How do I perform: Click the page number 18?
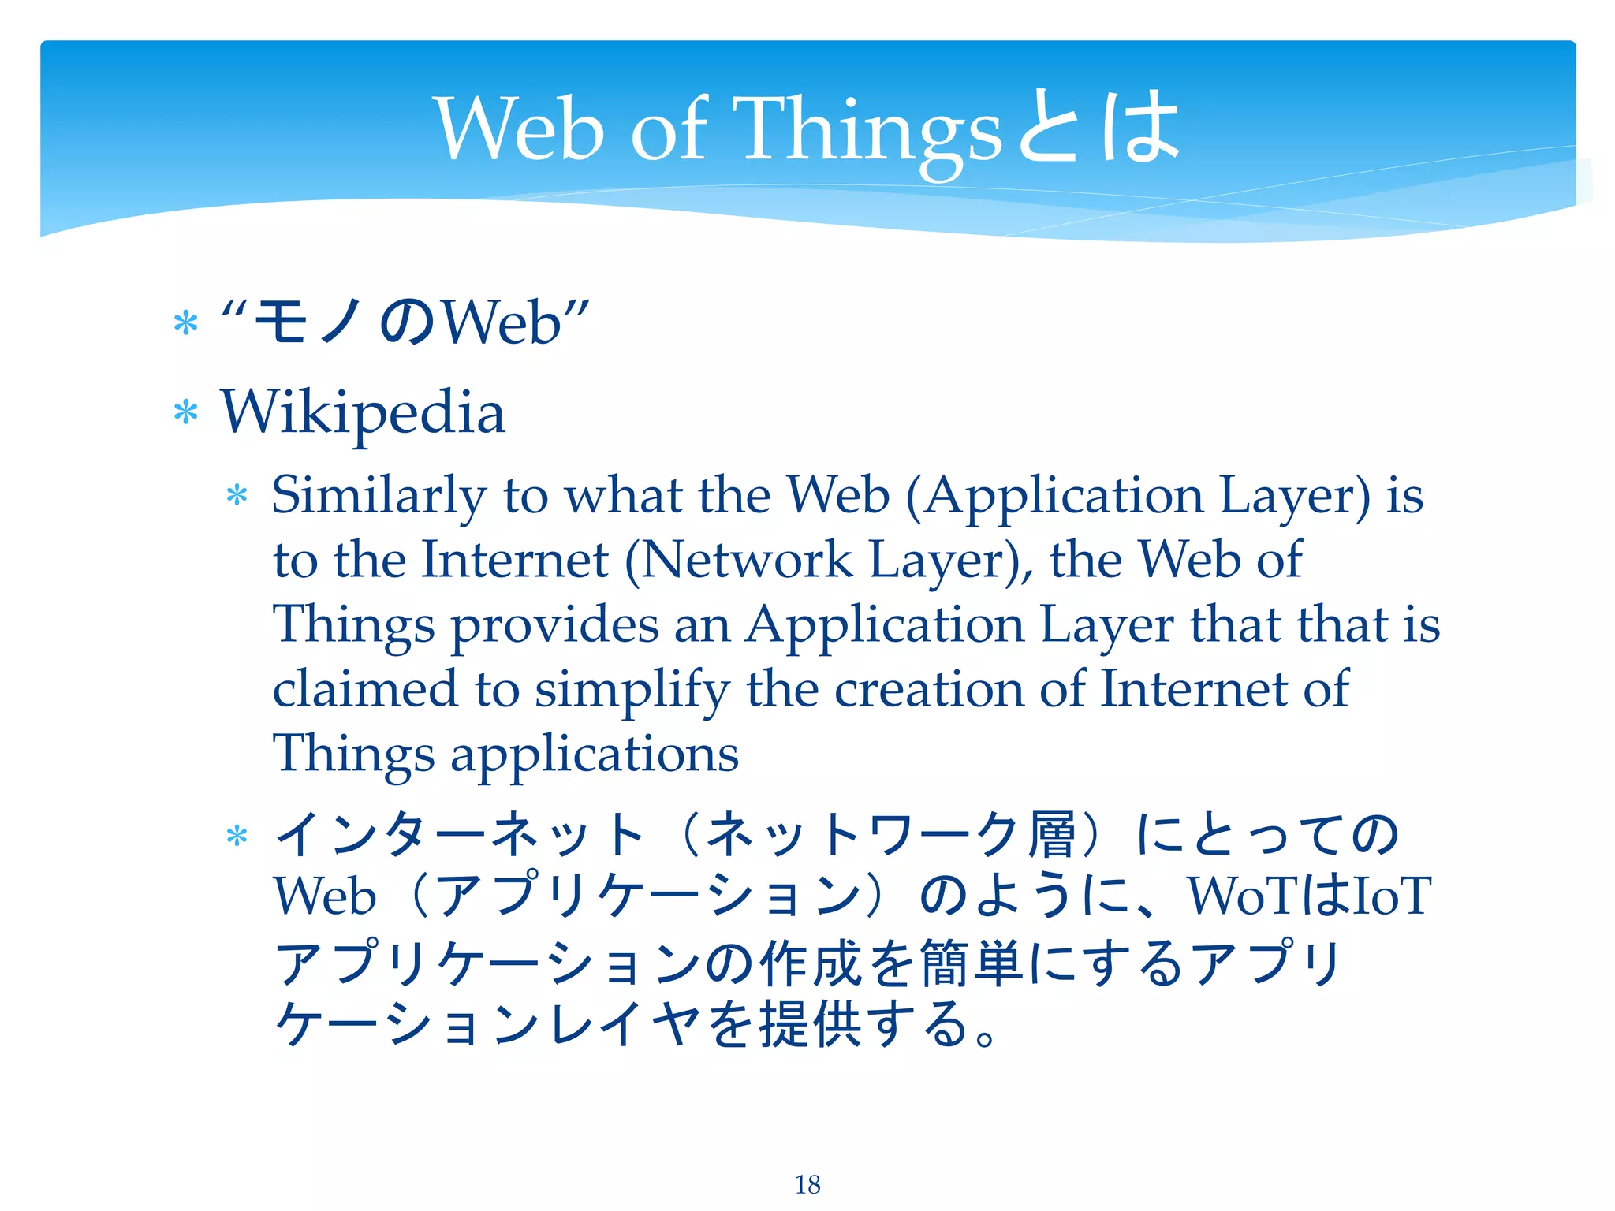click(807, 1184)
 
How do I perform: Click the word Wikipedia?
click(363, 412)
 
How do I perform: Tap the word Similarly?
click(379, 497)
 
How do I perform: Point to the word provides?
click(554, 625)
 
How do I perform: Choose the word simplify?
click(632, 690)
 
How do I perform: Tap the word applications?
click(595, 755)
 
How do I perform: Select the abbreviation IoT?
click(1391, 896)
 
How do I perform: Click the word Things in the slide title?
click(867, 130)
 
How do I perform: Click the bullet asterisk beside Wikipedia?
click(185, 412)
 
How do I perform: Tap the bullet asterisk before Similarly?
click(237, 496)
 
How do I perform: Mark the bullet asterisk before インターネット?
click(237, 836)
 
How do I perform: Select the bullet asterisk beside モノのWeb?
click(185, 323)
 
